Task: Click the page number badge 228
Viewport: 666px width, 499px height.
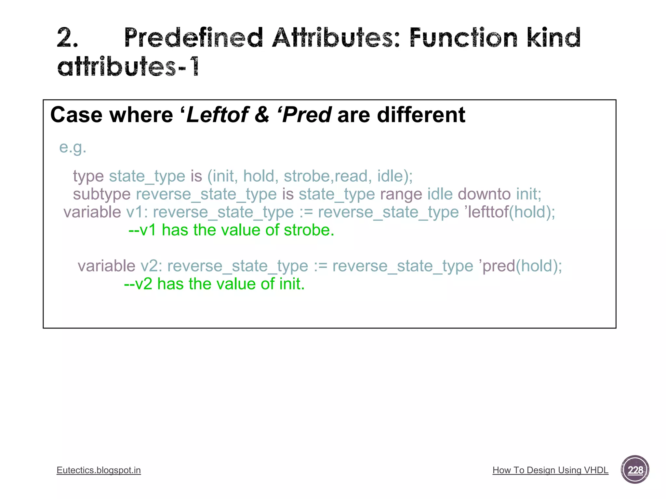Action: coord(634,470)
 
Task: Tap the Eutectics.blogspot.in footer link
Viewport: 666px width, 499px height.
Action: coord(99,470)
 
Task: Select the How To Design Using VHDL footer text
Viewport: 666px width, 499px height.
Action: coord(550,470)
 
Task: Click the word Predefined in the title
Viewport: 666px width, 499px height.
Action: coord(193,38)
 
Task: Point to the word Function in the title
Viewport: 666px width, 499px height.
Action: coord(463,38)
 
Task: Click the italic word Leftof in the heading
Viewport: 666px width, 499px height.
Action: coord(217,115)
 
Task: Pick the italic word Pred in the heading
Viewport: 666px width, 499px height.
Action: coord(307,115)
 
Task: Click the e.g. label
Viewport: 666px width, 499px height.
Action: coord(73,147)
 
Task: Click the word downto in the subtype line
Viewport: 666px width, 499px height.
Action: coord(484,194)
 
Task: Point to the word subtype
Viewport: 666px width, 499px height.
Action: coord(101,194)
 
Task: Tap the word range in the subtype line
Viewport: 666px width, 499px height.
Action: coord(401,194)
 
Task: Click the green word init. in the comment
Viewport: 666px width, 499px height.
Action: coord(292,284)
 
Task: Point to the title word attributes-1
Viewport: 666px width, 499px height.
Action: coord(128,67)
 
